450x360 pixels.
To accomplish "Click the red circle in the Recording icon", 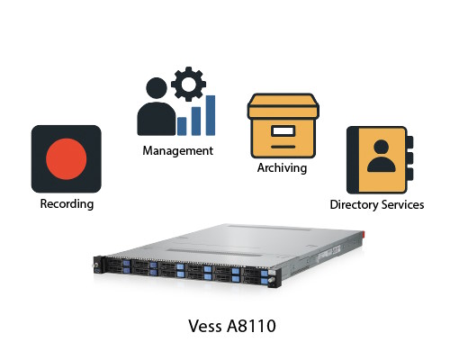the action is pyautogui.click(x=67, y=159).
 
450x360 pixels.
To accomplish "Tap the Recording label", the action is pyautogui.click(x=67, y=204).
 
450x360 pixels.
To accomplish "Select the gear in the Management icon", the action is pyautogui.click(x=188, y=84).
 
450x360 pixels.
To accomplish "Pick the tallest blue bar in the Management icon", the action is pyautogui.click(x=211, y=115).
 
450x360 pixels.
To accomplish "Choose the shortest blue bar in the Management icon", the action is pyautogui.click(x=182, y=126).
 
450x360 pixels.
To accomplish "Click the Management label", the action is pyautogui.click(x=178, y=150).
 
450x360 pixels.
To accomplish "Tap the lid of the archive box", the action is pyautogui.click(x=283, y=106).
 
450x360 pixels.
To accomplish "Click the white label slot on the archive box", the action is pyautogui.click(x=283, y=130).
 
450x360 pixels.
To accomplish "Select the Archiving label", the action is pyautogui.click(x=282, y=168).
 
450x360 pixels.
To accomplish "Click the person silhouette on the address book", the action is pyautogui.click(x=381, y=156).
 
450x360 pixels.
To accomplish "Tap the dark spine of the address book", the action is pyautogui.click(x=353, y=160).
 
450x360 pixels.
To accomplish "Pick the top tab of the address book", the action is pyautogui.click(x=409, y=142).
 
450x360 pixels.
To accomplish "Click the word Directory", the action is pyautogui.click(x=354, y=205).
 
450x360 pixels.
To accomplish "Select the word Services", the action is pyautogui.click(x=402, y=204).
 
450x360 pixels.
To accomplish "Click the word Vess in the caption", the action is pyautogui.click(x=206, y=326).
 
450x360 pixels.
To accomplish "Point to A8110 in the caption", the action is pyautogui.click(x=251, y=326).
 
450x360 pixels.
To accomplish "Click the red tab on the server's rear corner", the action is pyautogui.click(x=362, y=234).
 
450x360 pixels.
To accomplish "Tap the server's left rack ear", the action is pyautogui.click(x=97, y=265).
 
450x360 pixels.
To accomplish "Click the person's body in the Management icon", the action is pyautogui.click(x=157, y=119).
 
